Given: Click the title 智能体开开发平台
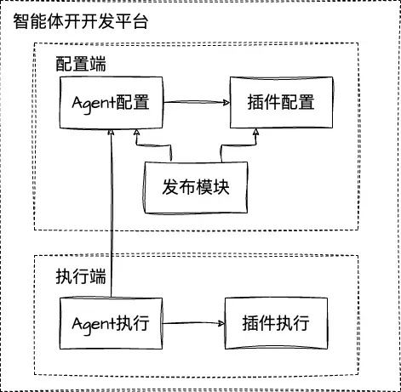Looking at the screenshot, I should click(81, 20).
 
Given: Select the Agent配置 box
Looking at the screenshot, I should click(111, 104).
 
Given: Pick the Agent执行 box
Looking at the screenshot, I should click(111, 324).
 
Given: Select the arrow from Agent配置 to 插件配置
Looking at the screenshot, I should click(196, 103).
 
